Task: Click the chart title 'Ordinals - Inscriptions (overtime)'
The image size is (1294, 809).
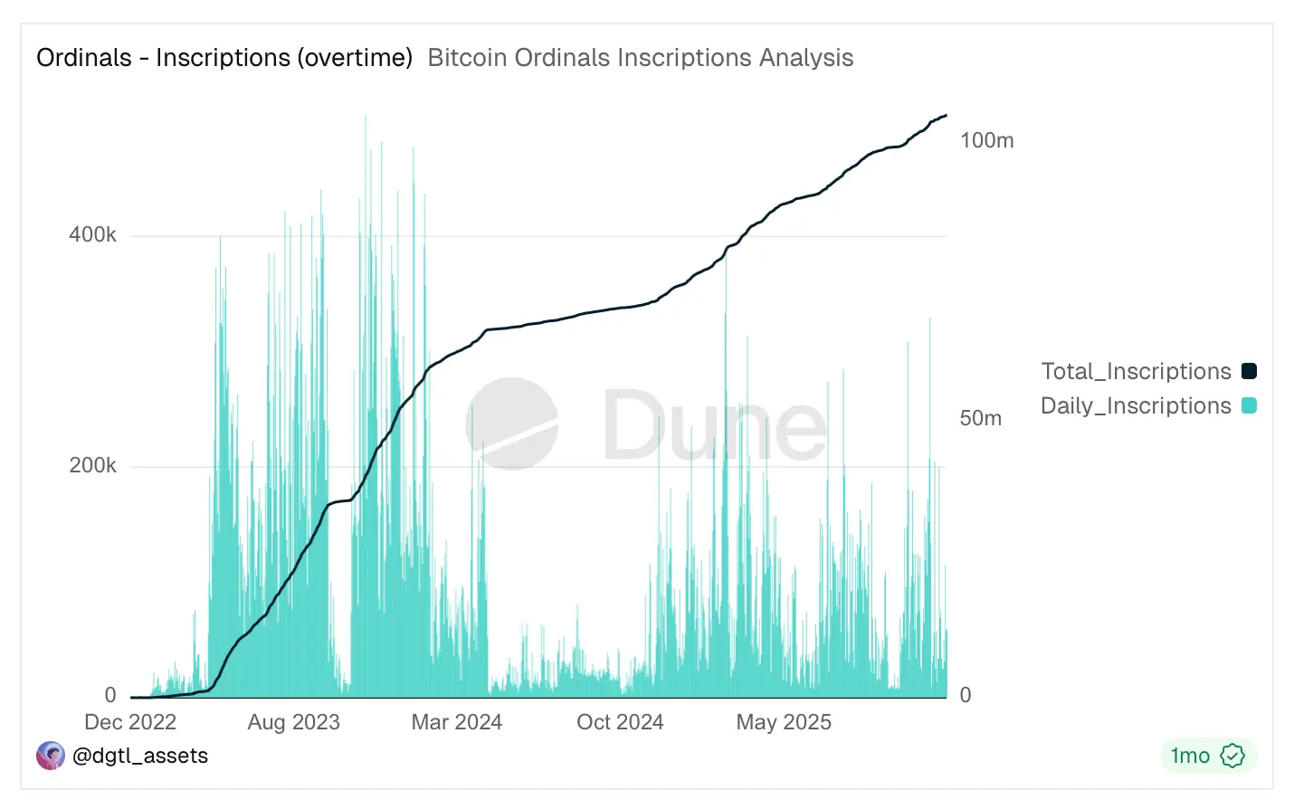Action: [224, 58]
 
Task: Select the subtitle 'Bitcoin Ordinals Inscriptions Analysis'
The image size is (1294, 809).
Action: [640, 58]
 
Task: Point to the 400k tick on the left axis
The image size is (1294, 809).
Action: [92, 235]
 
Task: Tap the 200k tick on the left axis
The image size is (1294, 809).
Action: [92, 466]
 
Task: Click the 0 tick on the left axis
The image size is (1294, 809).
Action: [110, 695]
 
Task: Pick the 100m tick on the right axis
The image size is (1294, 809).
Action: [986, 140]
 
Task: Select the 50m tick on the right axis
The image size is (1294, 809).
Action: [980, 418]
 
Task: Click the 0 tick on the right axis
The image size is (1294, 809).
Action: [966, 695]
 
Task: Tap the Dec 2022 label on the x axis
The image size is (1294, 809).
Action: [130, 722]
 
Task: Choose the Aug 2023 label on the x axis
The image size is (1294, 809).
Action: [293, 722]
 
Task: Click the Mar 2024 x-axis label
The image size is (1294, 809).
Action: [456, 722]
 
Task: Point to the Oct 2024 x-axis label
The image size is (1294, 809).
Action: [620, 722]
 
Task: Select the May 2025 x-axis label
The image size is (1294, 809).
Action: [784, 722]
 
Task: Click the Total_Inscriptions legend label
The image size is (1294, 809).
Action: [1136, 371]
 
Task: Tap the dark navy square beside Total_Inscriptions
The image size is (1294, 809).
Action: [1249, 371]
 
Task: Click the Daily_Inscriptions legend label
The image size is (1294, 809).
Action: [1136, 405]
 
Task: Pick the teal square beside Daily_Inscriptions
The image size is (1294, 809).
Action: [1249, 405]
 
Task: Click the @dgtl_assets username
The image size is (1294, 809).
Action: [140, 756]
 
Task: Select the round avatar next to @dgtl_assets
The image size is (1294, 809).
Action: [51, 756]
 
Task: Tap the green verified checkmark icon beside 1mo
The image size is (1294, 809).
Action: [1232, 756]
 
